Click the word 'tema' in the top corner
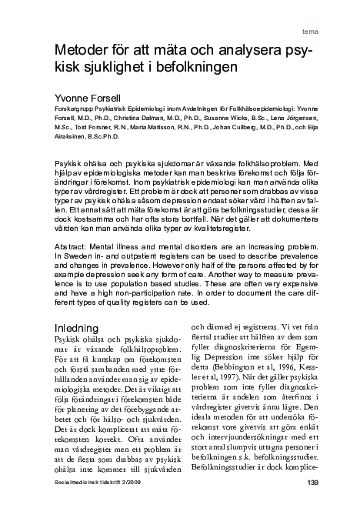tap(312, 33)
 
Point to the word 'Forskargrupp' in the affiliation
tap(72, 111)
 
